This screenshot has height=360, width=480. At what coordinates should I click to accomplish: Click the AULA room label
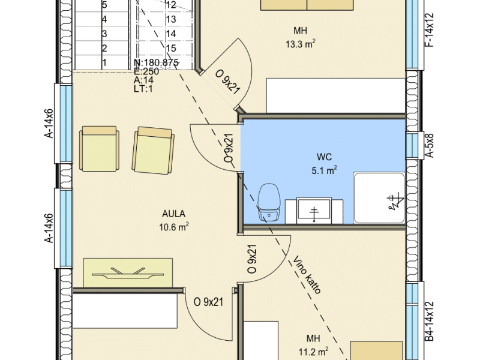[173, 214]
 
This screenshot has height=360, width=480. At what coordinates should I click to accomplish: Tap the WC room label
[324, 157]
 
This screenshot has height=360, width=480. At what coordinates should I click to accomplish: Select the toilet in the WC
[269, 202]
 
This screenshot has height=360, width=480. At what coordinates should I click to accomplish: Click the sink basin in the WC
[314, 211]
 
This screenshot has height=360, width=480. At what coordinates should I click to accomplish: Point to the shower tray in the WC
[379, 198]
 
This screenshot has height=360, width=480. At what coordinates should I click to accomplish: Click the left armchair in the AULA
[99, 149]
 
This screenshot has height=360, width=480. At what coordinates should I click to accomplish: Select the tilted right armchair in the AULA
[153, 151]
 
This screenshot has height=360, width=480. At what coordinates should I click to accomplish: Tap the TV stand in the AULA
[128, 273]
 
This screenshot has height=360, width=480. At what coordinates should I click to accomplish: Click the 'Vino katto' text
[307, 275]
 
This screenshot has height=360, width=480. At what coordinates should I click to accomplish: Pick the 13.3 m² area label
[301, 44]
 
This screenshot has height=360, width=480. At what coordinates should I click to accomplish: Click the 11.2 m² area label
[313, 352]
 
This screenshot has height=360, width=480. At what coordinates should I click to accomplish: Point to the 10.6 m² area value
[173, 227]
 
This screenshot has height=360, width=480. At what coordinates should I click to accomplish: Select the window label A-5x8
[430, 145]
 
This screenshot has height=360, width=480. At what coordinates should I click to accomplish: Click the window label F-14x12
[430, 30]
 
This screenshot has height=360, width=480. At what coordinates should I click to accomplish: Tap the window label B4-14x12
[430, 321]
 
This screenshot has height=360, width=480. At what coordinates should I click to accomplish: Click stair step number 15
[172, 48]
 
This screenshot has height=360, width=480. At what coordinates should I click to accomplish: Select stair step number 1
[104, 63]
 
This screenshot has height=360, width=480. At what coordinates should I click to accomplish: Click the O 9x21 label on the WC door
[229, 148]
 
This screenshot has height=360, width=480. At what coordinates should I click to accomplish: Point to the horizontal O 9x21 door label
[208, 302]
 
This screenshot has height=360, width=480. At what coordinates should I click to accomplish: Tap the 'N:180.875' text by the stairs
[156, 62]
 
